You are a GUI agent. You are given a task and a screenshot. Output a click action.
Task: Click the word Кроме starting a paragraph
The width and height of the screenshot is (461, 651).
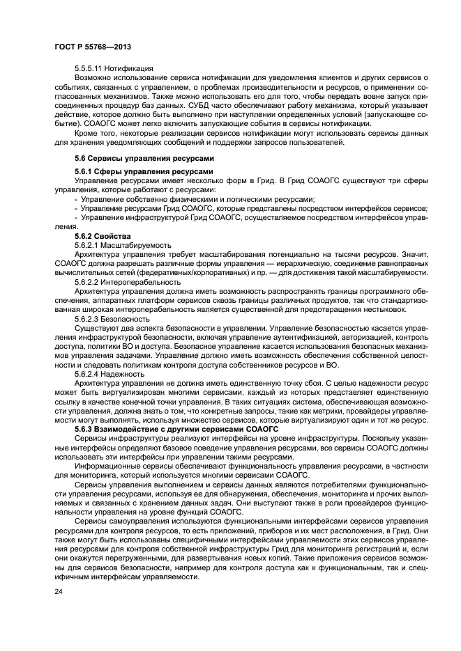pos(87,132)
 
